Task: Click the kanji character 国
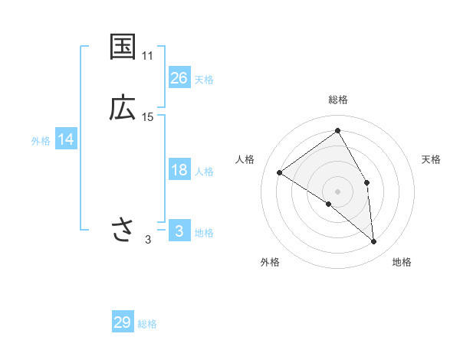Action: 123,47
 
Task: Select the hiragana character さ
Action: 123,229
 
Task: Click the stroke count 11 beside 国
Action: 148,56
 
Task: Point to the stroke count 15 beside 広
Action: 148,116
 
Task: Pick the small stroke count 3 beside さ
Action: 148,240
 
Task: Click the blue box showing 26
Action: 179,78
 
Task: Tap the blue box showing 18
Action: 179,170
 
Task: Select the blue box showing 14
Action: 66,139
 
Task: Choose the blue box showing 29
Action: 123,322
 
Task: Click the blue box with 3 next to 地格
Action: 179,231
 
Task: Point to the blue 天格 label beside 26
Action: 204,80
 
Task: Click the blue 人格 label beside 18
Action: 204,172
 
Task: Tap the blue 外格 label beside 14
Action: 41,141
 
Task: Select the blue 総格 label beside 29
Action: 147,324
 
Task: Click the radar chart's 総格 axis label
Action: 337,100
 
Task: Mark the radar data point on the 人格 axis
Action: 280,172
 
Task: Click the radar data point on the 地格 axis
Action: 374,242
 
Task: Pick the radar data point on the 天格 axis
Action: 367,182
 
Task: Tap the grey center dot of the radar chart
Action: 337,191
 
